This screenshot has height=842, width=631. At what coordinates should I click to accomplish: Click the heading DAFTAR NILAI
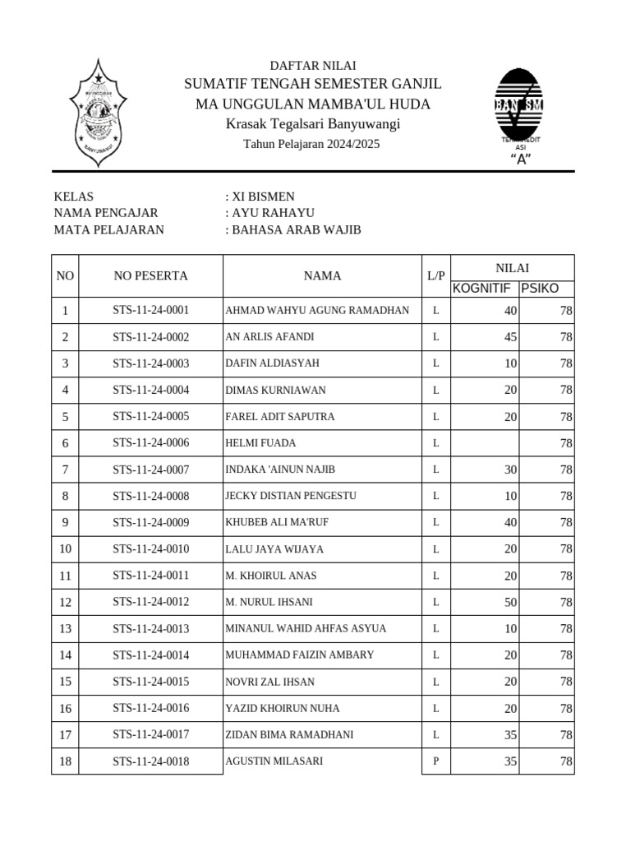313,66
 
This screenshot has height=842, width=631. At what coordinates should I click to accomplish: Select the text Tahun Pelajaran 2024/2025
311,144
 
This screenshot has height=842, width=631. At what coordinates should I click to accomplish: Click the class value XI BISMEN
263,197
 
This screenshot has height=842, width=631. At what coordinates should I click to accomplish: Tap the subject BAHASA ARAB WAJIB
297,229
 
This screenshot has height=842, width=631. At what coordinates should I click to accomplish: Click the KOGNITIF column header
482,288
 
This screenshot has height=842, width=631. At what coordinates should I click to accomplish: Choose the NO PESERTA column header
150,275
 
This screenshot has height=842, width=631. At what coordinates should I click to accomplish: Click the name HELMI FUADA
260,443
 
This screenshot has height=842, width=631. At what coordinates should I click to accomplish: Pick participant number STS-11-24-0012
150,602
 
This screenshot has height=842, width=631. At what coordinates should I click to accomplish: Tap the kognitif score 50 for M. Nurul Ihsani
510,603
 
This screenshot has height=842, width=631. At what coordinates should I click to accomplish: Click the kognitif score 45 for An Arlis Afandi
510,337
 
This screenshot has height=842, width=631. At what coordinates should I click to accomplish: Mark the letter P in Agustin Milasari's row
435,761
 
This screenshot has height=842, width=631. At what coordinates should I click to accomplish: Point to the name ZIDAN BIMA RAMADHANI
289,735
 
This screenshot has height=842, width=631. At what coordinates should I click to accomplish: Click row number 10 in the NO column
65,549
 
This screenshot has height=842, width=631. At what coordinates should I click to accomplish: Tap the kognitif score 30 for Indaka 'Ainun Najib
510,470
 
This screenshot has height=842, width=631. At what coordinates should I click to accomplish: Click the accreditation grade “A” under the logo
520,160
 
